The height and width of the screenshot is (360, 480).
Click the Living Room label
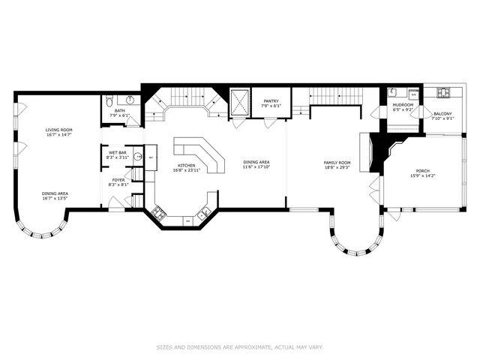pyautogui.click(x=58, y=129)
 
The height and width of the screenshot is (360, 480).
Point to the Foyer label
pyautogui.click(x=119, y=180)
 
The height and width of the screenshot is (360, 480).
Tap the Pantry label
pyautogui.click(x=270, y=101)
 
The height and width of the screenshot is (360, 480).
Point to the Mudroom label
pyautogui.click(x=403, y=105)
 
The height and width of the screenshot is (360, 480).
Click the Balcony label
pyautogui.click(x=442, y=114)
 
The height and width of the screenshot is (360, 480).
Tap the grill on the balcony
pyautogui.click(x=443, y=93)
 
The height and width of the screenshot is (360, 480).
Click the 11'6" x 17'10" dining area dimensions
pyautogui.click(x=256, y=167)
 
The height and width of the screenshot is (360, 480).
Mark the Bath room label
pyautogui.click(x=119, y=110)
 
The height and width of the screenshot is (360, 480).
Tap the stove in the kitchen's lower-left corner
pyautogui.click(x=158, y=214)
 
